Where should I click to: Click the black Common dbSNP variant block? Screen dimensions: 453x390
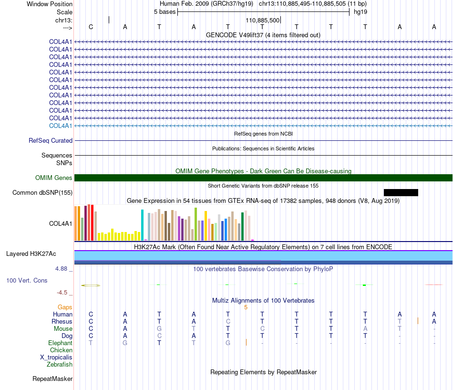pos(401,193)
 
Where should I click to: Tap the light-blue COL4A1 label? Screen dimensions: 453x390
pos(61,126)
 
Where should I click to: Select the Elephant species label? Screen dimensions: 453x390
pos(60,343)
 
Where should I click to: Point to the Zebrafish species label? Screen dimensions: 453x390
pos(60,365)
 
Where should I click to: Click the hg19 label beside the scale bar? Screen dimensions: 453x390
pos(360,12)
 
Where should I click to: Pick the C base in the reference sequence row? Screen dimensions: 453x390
pos(91,27)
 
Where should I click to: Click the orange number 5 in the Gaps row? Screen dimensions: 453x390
pos(246,307)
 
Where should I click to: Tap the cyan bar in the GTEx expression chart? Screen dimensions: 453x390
pos(142,225)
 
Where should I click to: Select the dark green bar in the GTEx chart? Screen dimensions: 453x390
pos(242,226)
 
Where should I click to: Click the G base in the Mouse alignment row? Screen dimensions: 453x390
pos(159,329)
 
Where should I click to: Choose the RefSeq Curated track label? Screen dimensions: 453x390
pos(51,141)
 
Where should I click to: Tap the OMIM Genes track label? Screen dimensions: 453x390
pos(54,178)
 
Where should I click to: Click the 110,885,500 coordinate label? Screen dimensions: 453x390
pos(263,20)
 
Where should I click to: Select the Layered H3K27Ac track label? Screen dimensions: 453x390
pos(31,254)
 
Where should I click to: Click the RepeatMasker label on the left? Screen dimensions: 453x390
pos(52,379)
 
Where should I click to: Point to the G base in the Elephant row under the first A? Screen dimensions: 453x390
pos(125,343)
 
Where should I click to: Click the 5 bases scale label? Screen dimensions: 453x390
pos(165,12)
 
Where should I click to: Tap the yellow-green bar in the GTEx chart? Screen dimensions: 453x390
pos(196,224)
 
